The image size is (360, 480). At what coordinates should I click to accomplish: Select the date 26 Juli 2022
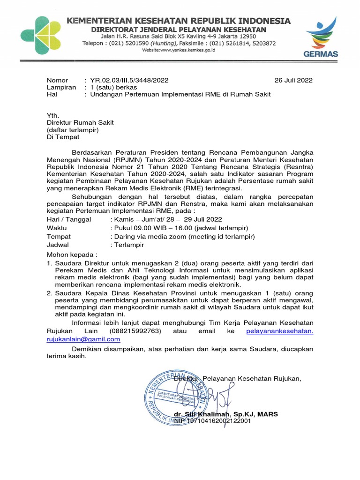293,80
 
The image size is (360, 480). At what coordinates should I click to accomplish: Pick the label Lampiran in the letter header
61,87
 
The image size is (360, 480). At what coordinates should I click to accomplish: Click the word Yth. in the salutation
53,116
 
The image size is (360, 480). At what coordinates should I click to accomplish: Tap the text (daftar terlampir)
72,130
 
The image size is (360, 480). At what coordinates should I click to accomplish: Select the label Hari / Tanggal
69,219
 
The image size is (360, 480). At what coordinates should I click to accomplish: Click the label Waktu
57,228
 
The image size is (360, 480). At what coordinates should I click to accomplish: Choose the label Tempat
59,236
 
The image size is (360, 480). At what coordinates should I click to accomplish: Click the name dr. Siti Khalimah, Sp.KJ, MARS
225,414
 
